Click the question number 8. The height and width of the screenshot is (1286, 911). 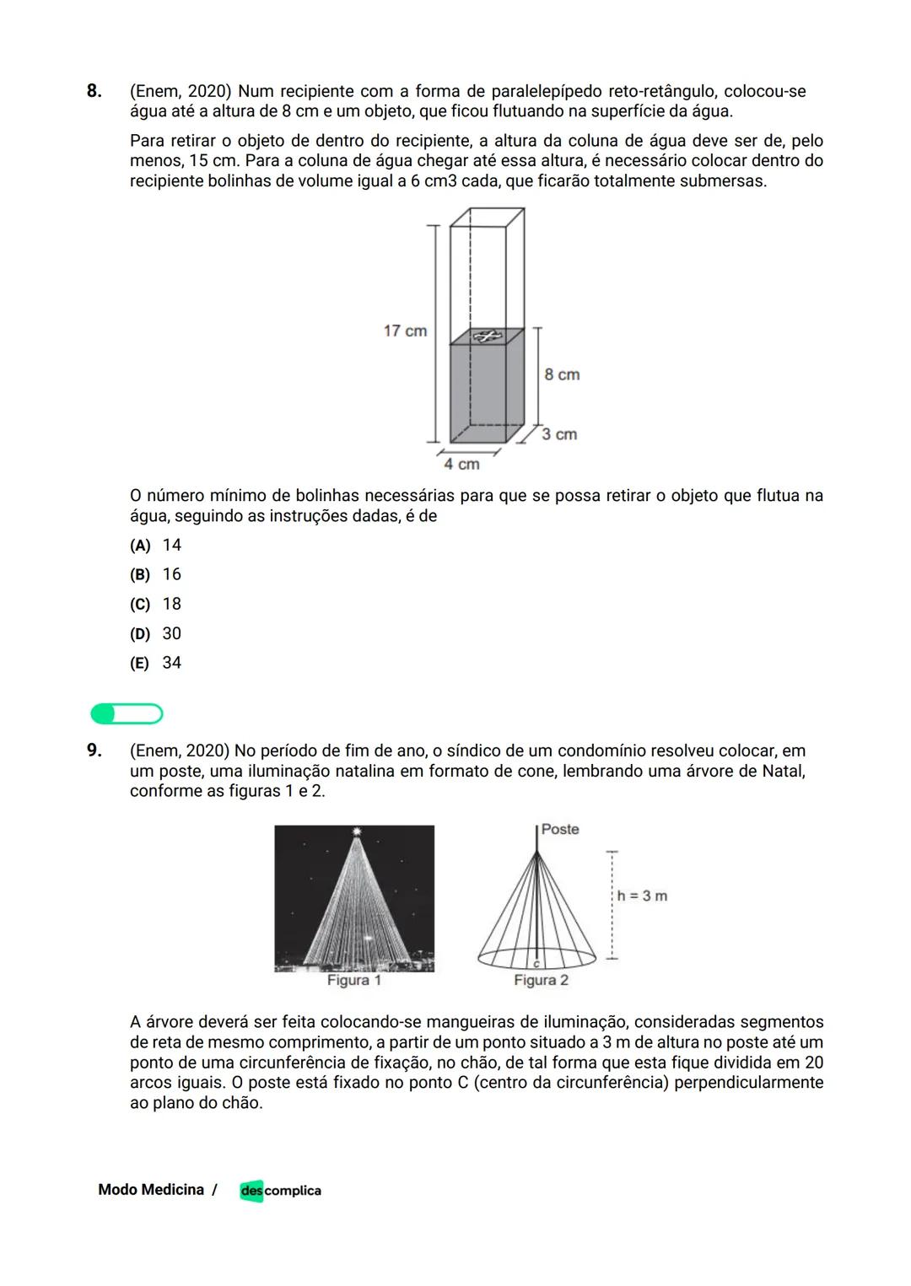point(94,91)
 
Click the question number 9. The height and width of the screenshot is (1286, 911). point(94,751)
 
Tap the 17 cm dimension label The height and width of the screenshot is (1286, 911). point(405,331)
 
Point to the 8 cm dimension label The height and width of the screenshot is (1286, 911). point(562,374)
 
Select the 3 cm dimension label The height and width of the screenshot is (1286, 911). point(559,434)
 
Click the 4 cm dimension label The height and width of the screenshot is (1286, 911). point(461,464)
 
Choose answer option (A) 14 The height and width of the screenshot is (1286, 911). point(156,546)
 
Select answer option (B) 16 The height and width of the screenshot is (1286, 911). point(156,575)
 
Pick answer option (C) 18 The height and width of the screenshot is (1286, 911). point(156,605)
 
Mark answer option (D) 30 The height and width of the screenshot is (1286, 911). point(156,634)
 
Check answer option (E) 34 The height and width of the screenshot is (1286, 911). point(156,664)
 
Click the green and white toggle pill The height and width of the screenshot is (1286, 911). point(127,714)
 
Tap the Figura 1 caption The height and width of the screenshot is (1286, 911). point(353,981)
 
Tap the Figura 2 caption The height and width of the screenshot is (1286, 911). point(541,981)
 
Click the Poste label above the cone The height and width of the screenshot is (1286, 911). point(560,830)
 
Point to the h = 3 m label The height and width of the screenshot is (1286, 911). point(642,896)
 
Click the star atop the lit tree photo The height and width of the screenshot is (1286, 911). point(357,832)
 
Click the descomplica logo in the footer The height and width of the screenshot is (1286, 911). point(280,1191)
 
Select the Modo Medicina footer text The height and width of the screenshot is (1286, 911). point(151,1190)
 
